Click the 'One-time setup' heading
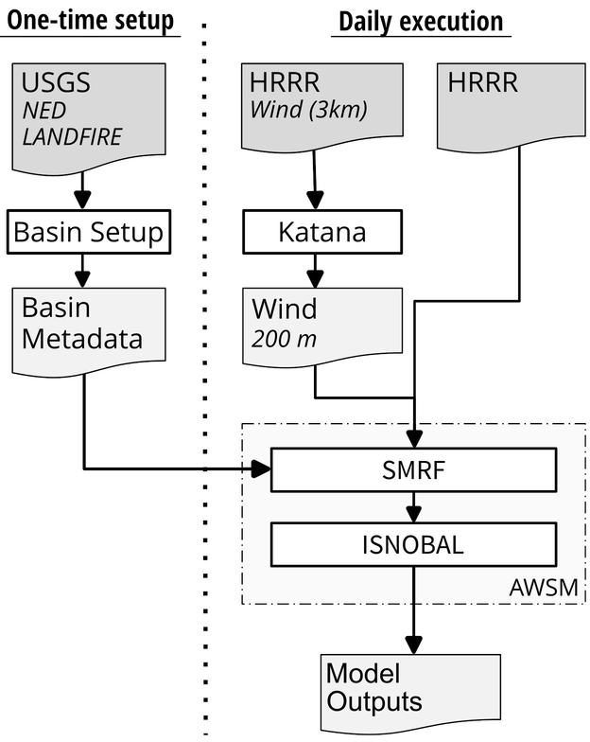[90, 20]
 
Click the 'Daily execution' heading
[420, 20]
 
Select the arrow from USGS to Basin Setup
[85, 186]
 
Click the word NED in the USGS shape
[44, 112]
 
